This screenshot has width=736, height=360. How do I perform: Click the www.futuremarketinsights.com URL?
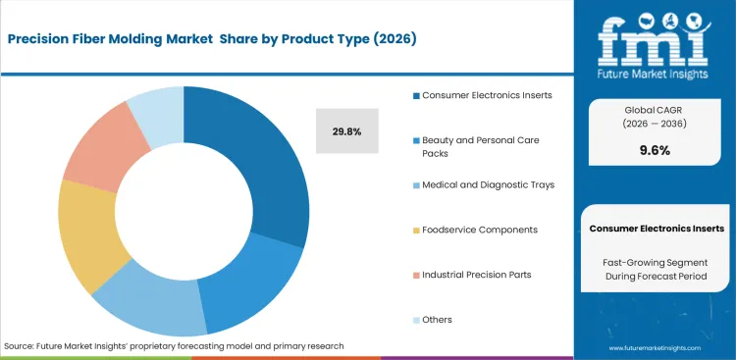(x=656, y=347)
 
